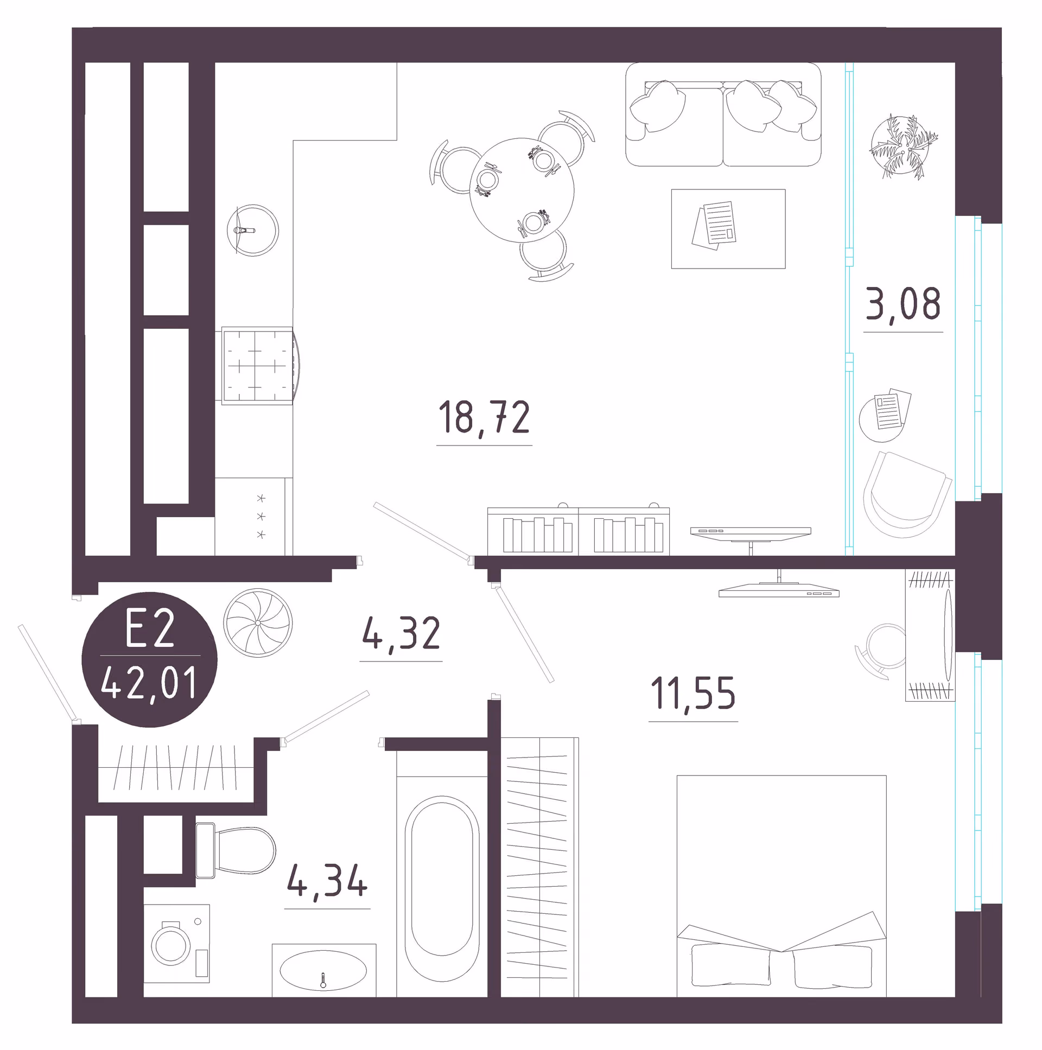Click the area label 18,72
[x=484, y=417]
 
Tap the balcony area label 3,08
[x=903, y=304]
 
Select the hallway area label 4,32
[x=401, y=633]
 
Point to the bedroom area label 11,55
[x=693, y=693]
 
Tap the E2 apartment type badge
[x=149, y=659]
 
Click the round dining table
[x=522, y=190]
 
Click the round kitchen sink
[x=253, y=231]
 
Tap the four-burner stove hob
[x=257, y=365]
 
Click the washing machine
[x=177, y=943]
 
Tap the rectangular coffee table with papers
[x=728, y=229]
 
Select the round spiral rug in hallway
[x=258, y=623]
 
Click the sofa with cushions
[x=723, y=114]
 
